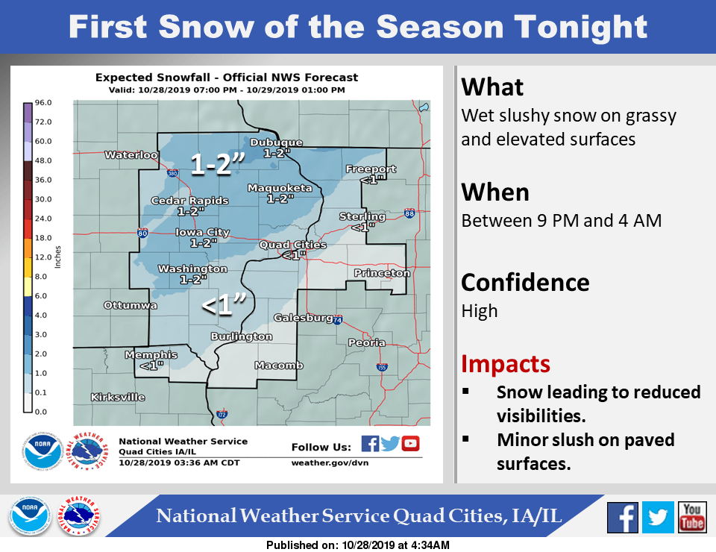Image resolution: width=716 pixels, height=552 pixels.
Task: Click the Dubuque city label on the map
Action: click(x=276, y=142)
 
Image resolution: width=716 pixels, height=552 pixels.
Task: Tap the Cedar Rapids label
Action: click(x=190, y=201)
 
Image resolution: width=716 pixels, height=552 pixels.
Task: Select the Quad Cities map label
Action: click(x=292, y=245)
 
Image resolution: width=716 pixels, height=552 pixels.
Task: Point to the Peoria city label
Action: click(x=367, y=342)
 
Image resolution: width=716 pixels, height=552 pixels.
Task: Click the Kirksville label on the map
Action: click(x=118, y=398)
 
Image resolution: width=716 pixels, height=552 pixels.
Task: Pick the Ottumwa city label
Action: click(x=131, y=305)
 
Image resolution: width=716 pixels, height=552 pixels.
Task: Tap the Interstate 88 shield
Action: click(x=409, y=213)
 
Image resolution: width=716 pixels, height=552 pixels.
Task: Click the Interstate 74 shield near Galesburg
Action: click(x=337, y=319)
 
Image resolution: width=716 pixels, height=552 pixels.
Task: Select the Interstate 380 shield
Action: click(x=172, y=173)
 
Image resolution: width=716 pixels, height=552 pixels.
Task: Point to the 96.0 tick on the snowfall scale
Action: click(x=43, y=103)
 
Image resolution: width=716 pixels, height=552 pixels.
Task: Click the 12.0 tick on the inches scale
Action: click(x=43, y=257)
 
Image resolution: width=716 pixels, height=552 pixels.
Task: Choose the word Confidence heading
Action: click(x=525, y=283)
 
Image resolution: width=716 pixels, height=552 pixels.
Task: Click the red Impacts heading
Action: click(x=506, y=364)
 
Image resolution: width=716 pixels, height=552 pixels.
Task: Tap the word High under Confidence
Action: click(x=480, y=311)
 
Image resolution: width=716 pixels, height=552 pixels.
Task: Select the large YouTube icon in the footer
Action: click(x=692, y=517)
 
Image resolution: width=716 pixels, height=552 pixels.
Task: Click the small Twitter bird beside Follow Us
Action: click(x=390, y=443)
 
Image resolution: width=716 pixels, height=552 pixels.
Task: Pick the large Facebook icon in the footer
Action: click(x=622, y=517)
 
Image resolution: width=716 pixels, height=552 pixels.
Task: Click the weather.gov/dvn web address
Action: click(x=330, y=463)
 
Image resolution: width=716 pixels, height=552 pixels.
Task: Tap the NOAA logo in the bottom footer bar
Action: click(x=30, y=516)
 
